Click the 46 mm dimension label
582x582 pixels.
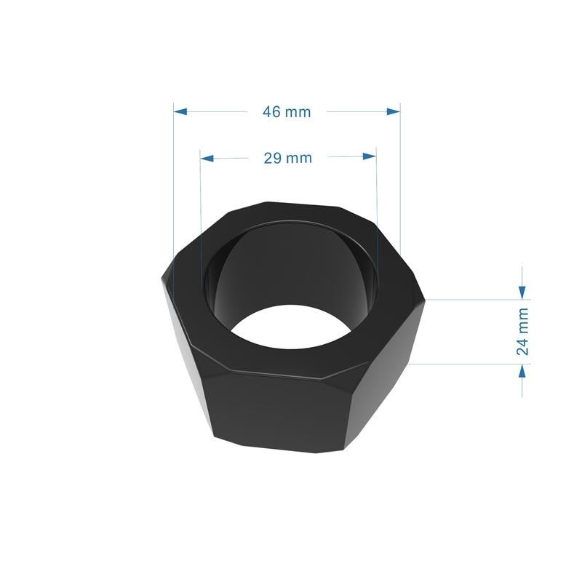[x=287, y=111]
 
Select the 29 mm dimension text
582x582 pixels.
[x=287, y=158]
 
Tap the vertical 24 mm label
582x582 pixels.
[x=522, y=332]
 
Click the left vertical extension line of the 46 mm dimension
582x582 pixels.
[x=174, y=182]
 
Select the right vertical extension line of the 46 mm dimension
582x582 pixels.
[x=400, y=182]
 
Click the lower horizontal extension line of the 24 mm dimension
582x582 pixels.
[x=473, y=364]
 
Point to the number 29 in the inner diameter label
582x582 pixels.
[x=273, y=158]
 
